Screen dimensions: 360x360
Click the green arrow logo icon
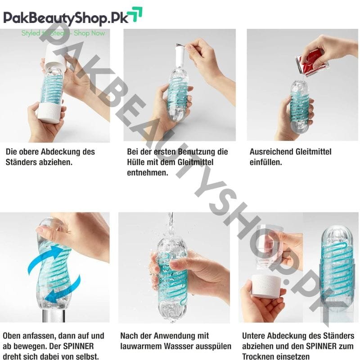pos(135,14)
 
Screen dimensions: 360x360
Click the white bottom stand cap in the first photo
pos(49,113)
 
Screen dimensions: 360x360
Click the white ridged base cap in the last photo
pos(266,286)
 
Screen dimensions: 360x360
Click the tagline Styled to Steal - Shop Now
pos(63,33)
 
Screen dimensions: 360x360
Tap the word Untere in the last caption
pos(254,336)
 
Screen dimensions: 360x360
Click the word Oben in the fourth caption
pos(11,336)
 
